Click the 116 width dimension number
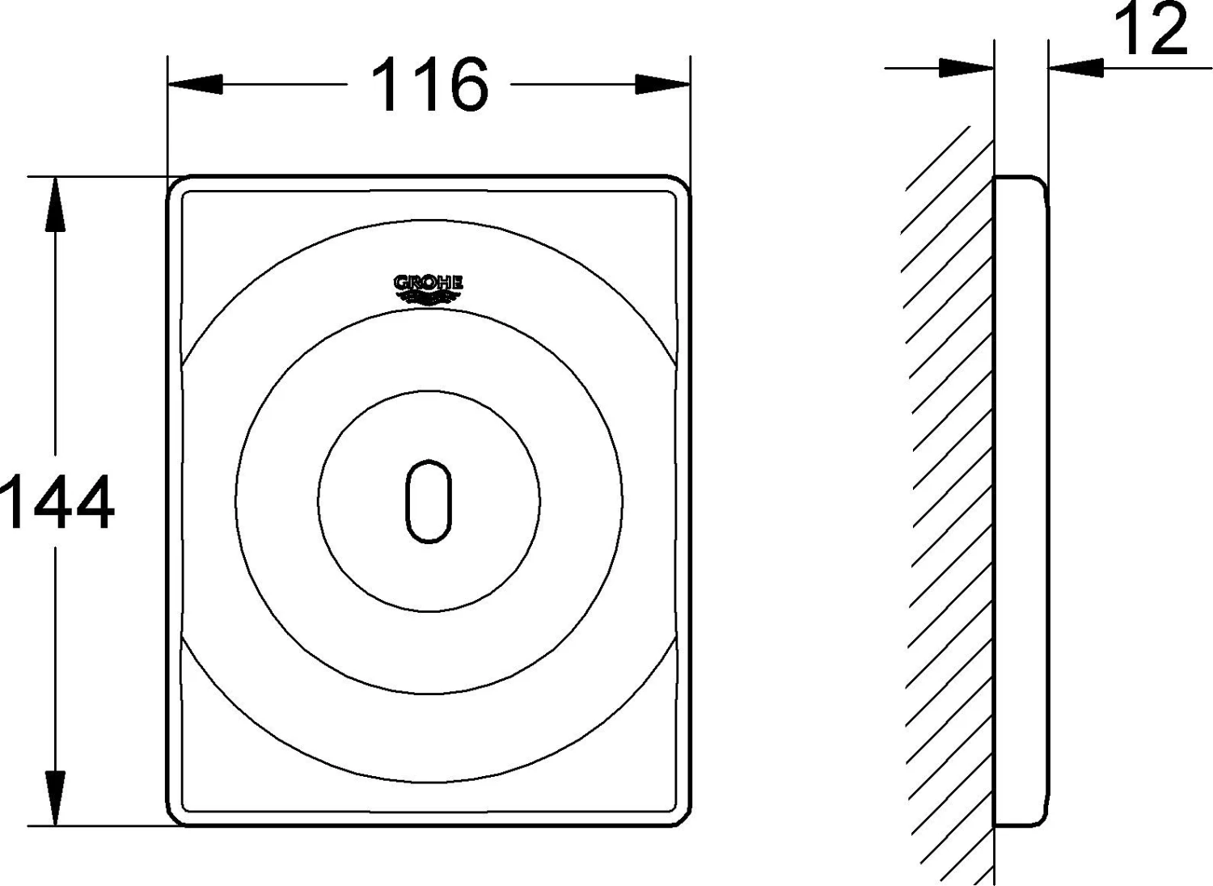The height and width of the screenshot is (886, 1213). [430, 84]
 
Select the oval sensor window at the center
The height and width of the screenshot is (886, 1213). [429, 500]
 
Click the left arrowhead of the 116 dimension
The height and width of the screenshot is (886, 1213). [195, 84]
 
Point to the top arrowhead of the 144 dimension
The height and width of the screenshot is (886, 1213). [55, 204]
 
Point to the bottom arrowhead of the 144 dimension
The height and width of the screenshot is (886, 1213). [55, 799]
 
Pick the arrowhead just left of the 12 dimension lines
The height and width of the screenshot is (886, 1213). [966, 68]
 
